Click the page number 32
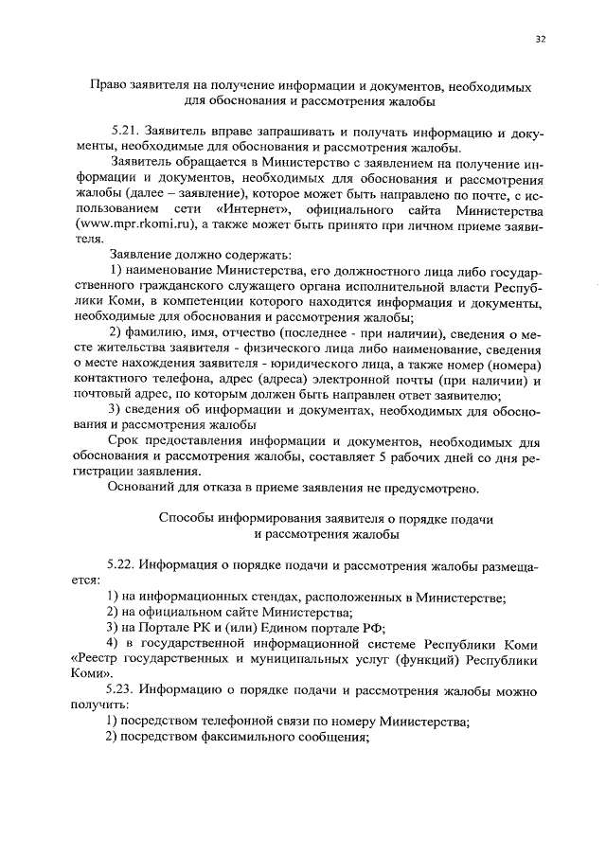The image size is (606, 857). pyautogui.click(x=540, y=39)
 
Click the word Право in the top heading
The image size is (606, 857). pyautogui.click(x=109, y=84)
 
